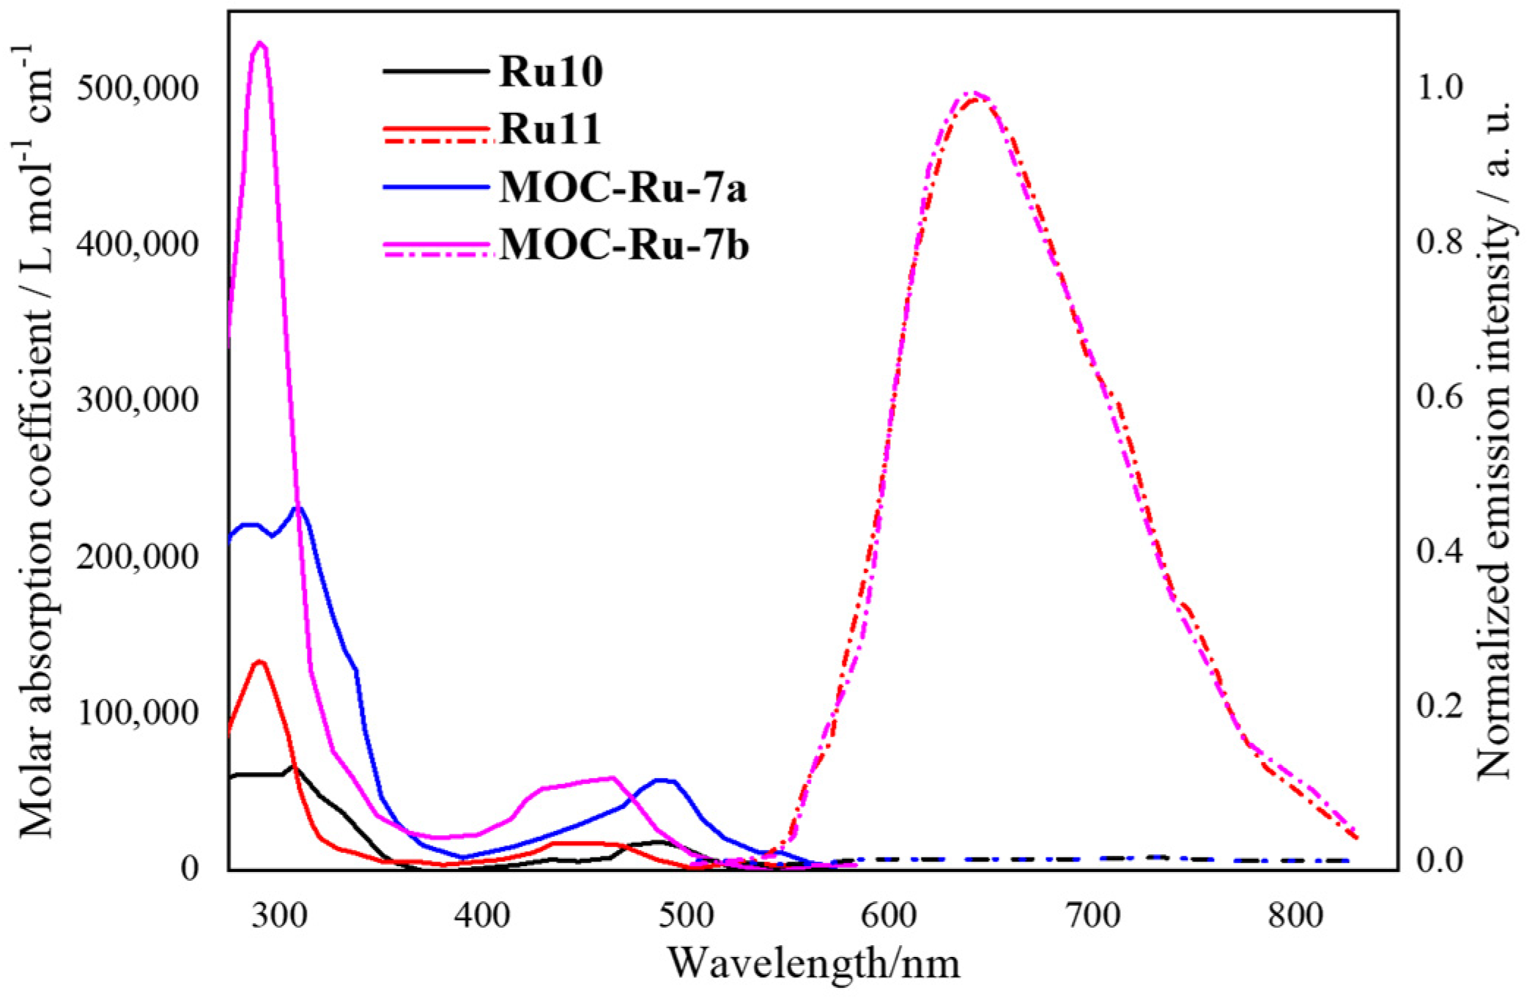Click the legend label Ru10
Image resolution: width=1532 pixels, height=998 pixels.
pyautogui.click(x=551, y=73)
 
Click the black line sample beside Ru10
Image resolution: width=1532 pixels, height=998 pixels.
pyautogui.click(x=435, y=71)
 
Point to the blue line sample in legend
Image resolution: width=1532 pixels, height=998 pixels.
pyautogui.click(x=435, y=187)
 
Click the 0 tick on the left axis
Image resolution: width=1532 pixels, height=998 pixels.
pyautogui.click(x=189, y=869)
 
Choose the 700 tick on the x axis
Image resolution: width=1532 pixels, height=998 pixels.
pyautogui.click(x=1094, y=916)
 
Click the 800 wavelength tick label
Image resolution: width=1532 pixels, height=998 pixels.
pyautogui.click(x=1296, y=916)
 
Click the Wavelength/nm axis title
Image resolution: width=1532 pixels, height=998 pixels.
pyautogui.click(x=813, y=964)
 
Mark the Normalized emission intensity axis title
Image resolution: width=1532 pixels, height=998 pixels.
pyautogui.click(x=1493, y=440)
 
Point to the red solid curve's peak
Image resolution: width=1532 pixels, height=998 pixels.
pyautogui.click(x=259, y=662)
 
